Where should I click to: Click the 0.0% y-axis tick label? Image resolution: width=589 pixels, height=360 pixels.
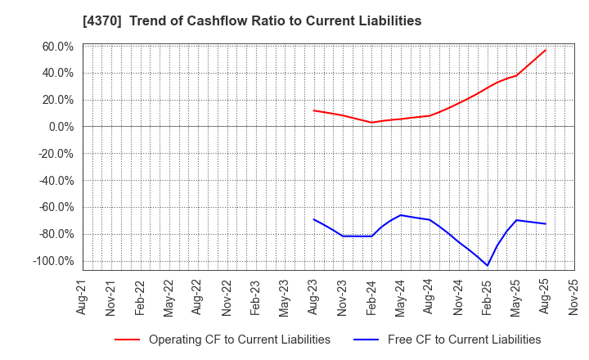60,127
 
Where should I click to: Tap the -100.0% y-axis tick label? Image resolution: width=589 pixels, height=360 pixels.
52,261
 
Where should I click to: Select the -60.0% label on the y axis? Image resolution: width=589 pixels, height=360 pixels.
54,208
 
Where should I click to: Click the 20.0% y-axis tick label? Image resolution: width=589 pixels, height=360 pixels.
56,100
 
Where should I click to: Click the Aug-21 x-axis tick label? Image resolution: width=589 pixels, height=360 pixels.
83,298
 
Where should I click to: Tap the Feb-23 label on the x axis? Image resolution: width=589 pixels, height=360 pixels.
256,298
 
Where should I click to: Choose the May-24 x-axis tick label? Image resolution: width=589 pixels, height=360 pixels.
401,298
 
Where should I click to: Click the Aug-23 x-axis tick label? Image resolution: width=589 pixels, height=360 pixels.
314,298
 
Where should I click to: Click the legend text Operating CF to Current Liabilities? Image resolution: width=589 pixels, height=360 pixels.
240,340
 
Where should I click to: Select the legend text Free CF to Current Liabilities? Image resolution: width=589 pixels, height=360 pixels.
463,340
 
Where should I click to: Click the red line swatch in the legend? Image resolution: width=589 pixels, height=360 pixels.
127,340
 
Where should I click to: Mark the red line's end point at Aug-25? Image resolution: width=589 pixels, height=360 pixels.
546,50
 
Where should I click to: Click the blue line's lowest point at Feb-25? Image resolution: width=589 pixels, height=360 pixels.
488,265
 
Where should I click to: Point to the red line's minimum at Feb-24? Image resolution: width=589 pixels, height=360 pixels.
372,123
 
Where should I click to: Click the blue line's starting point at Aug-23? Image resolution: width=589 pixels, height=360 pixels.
314,219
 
